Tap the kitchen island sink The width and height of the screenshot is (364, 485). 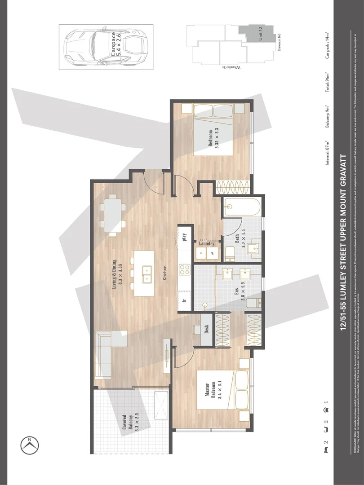point(147,274)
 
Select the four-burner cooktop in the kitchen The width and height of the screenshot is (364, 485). point(185,270)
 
